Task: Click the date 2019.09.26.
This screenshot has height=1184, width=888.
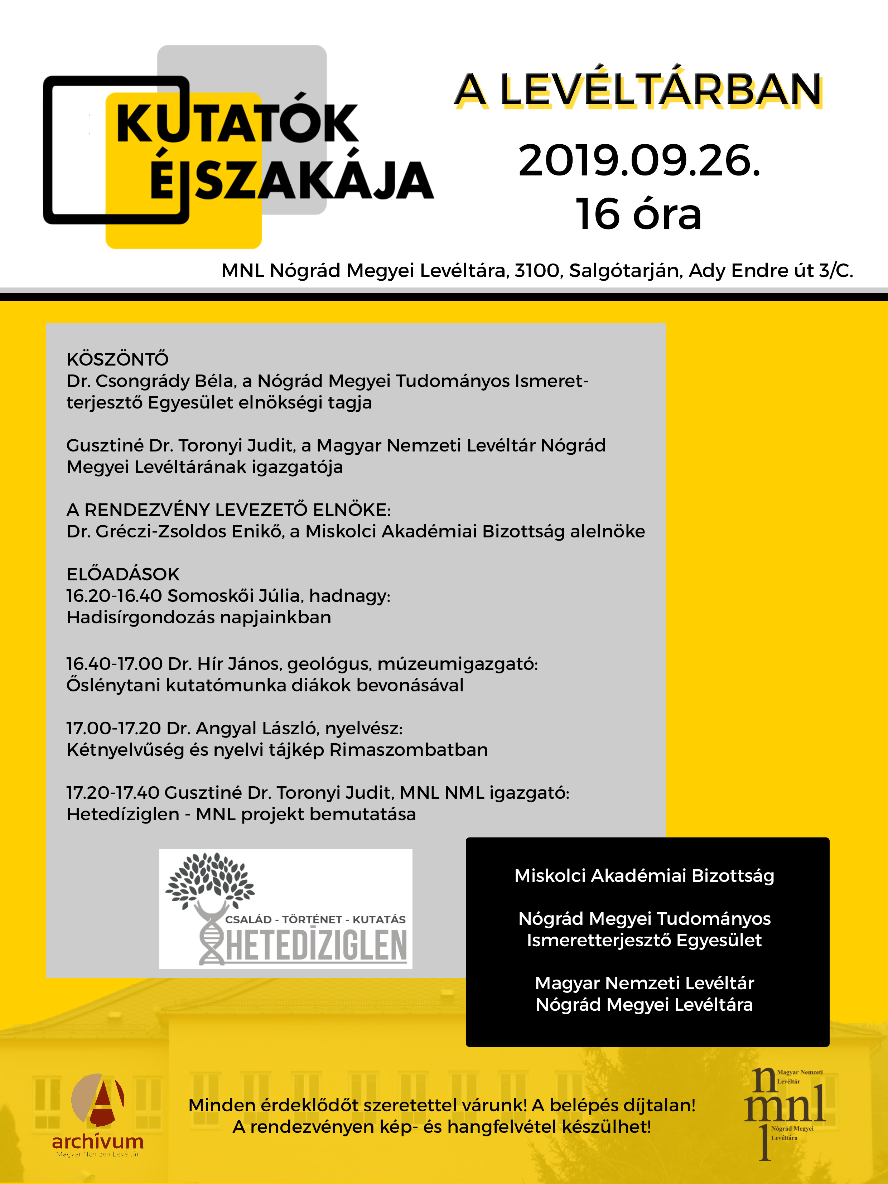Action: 639,161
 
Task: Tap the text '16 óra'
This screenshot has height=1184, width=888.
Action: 638,214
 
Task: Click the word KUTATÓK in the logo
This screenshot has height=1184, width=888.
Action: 237,124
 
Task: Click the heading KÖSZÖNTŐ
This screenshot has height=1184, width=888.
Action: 117,359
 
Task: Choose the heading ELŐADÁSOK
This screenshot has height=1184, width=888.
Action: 122,574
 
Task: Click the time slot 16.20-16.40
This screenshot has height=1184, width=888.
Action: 114,596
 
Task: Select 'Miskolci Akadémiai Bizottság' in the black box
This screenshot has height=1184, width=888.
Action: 644,876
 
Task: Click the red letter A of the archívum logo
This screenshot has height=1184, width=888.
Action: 103,1099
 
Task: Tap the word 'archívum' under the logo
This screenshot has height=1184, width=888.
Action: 98,1142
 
